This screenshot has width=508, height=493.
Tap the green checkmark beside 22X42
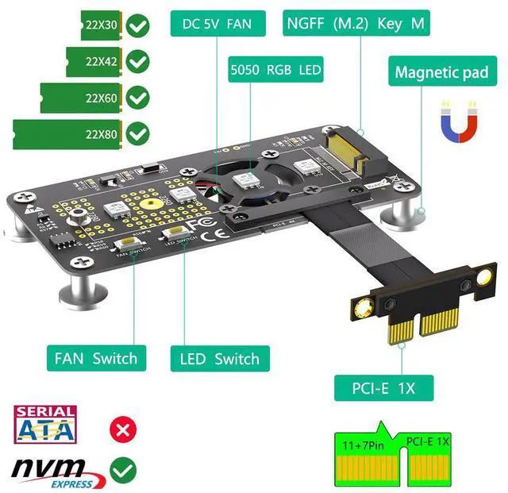pos(139,60)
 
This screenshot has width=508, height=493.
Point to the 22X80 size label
pos(102,134)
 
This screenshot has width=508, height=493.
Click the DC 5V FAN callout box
pos(217,24)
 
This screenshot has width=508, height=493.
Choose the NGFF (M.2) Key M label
pos(356,23)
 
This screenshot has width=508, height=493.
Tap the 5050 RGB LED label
pos(275,70)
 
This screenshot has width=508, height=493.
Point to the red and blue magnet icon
pos(460,120)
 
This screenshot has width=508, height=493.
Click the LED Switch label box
pos(220,358)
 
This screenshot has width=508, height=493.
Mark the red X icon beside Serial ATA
pos(122,431)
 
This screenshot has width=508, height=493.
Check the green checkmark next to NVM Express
pos(122,471)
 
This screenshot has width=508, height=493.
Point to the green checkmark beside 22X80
pos(139,133)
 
